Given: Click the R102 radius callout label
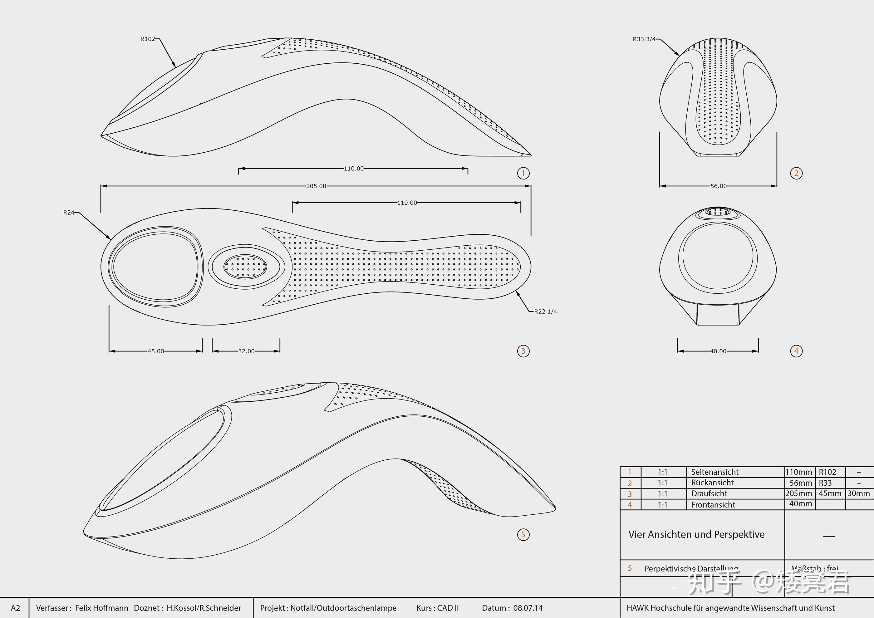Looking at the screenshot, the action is click(148, 39).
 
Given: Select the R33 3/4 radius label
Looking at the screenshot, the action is click(644, 39).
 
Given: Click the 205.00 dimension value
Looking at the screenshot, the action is click(316, 186).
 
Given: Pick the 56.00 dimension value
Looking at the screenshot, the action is click(718, 186).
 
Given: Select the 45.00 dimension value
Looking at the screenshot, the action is click(156, 351).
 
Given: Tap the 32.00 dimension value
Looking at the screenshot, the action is click(246, 351).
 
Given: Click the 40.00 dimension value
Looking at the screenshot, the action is click(718, 351).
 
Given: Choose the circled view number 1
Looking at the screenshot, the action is click(523, 174).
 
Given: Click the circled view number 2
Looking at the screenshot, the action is click(796, 174).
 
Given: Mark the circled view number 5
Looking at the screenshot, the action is click(523, 535).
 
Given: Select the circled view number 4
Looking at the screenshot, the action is click(796, 351).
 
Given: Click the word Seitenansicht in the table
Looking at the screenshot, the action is click(714, 472).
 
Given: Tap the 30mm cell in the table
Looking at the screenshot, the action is click(858, 493).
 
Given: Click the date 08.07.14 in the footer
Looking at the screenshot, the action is click(528, 608).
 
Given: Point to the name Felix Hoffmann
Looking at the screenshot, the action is click(102, 608).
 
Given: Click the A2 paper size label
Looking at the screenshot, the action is click(15, 608).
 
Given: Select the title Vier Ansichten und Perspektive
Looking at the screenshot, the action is click(696, 535).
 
